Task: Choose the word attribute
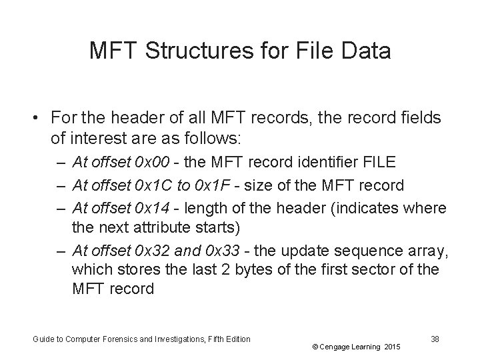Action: pos(155,228)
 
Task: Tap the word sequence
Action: pos(369,250)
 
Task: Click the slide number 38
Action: pos(435,339)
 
